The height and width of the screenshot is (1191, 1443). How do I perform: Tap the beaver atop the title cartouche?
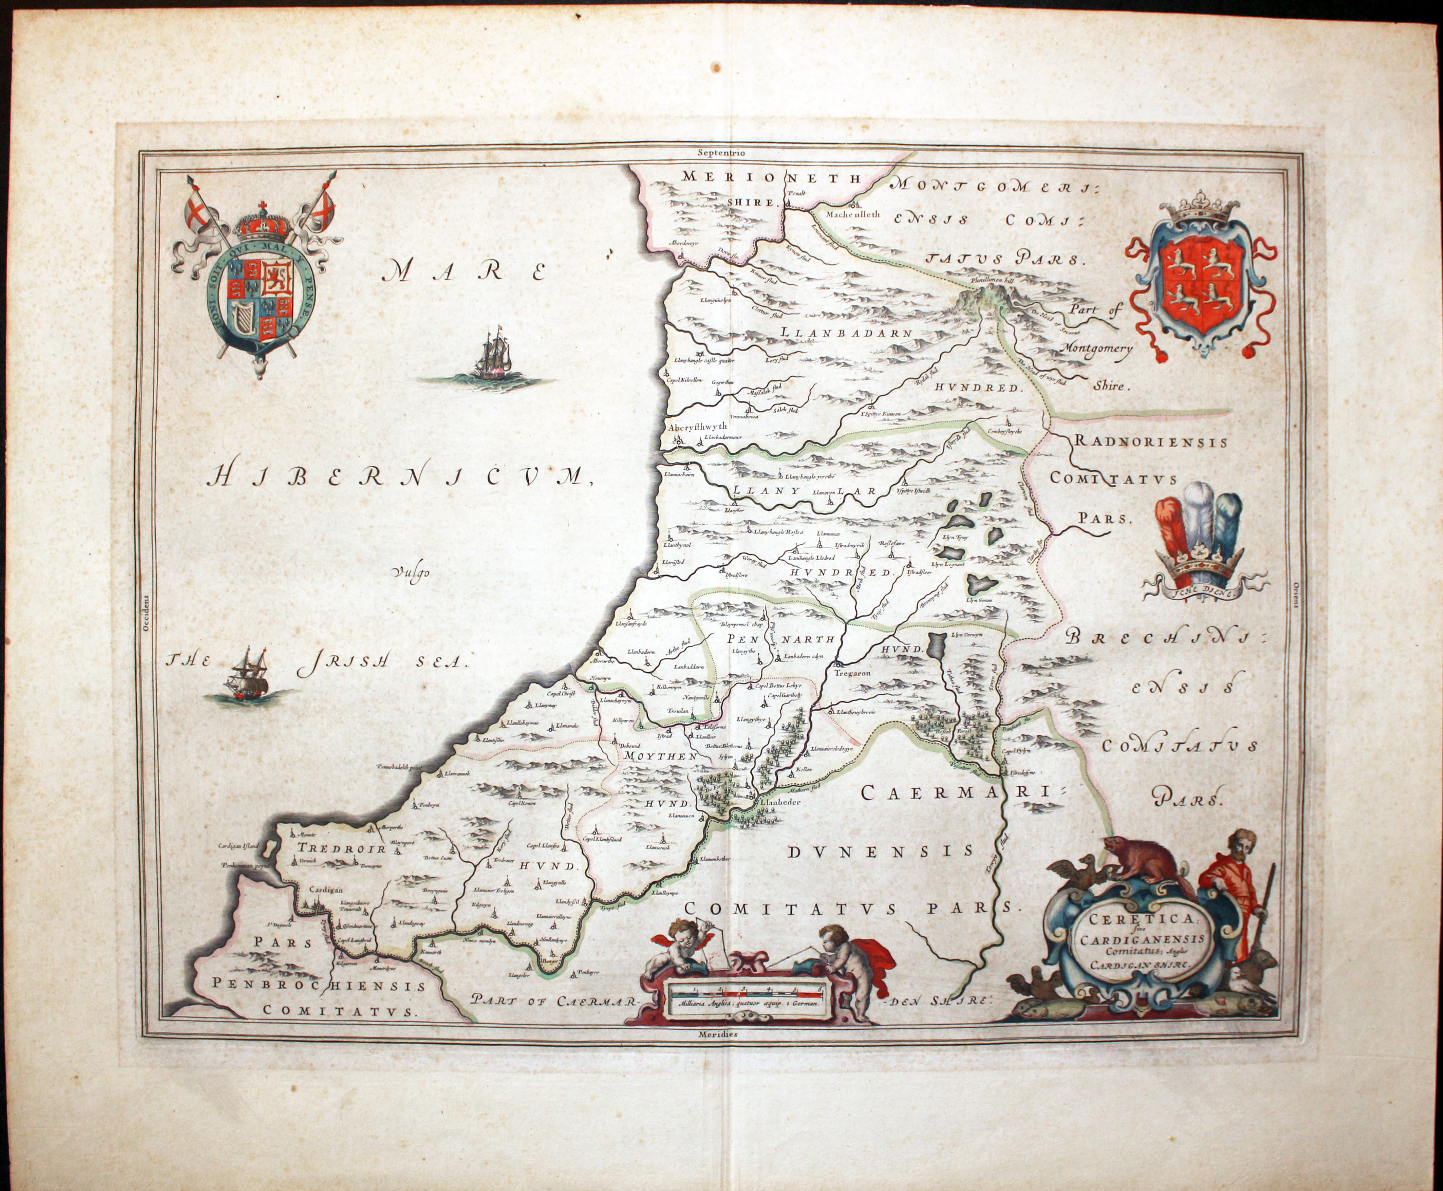[x=1142, y=862]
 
